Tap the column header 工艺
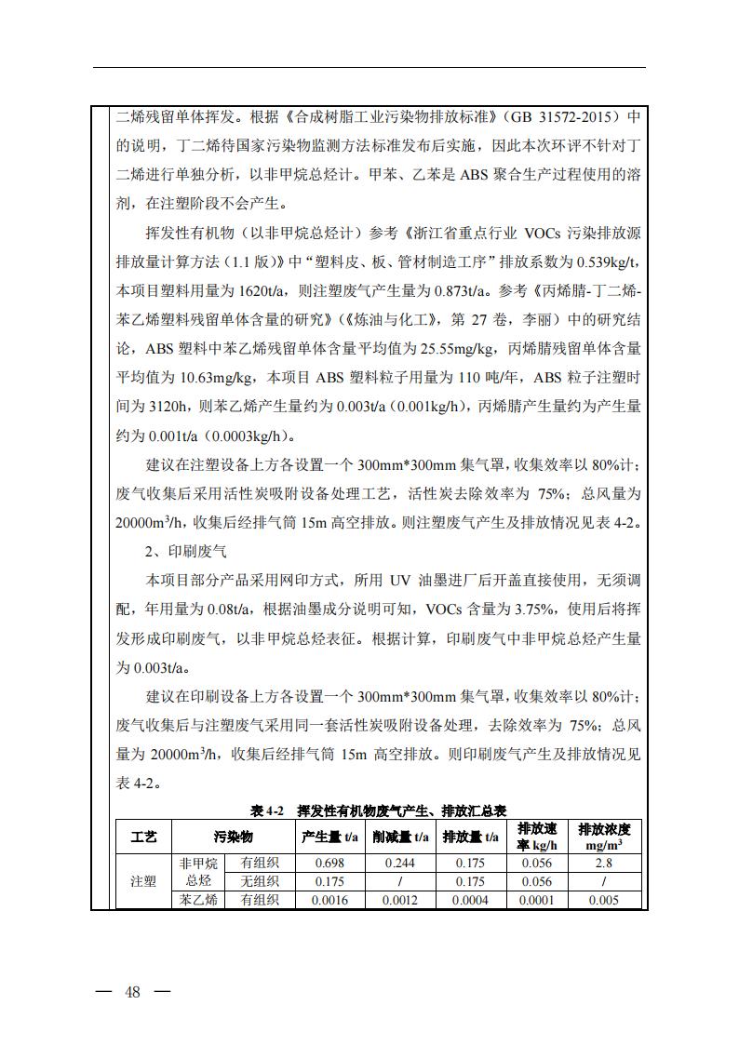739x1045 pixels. point(143,837)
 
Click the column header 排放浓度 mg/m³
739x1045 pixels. point(604,837)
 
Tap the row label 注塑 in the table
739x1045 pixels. point(143,881)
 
